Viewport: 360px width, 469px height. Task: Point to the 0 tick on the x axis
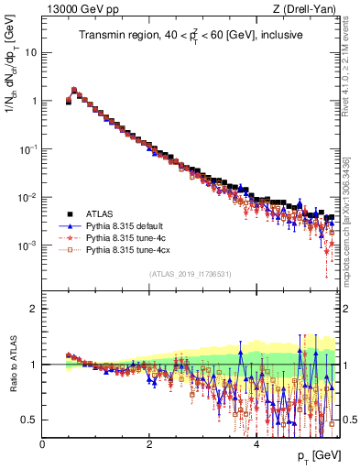click(x=43, y=443)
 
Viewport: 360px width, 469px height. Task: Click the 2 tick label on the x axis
click(x=149, y=443)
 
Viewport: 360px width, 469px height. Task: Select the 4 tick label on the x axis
click(x=256, y=443)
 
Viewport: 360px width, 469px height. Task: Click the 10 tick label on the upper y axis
click(x=31, y=52)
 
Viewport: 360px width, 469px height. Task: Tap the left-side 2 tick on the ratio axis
click(x=35, y=309)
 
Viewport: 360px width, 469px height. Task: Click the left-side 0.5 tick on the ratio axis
click(x=31, y=420)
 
